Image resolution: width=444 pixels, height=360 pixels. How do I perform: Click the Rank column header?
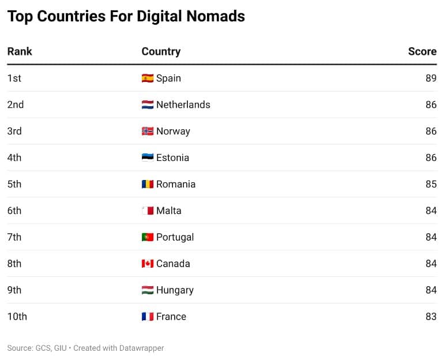point(20,51)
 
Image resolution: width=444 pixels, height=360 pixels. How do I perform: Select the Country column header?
point(161,51)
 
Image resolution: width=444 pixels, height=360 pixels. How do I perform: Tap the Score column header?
point(422,51)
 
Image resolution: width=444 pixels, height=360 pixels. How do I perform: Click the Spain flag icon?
point(148,78)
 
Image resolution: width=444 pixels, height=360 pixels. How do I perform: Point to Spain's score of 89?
point(431,78)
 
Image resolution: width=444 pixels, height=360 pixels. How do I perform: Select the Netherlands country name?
point(183,104)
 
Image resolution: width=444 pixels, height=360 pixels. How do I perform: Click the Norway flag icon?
point(148,131)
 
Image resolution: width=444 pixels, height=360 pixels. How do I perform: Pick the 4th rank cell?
point(14,157)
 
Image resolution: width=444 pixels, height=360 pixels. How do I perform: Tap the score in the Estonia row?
point(431,157)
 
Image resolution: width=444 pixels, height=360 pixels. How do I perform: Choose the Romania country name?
point(176,184)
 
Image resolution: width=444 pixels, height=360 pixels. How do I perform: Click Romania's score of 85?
point(431,184)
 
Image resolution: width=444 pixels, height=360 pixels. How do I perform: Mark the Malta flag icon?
point(148,211)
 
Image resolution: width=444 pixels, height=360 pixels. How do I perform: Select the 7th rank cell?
point(14,237)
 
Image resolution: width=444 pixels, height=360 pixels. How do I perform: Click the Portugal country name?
point(175,237)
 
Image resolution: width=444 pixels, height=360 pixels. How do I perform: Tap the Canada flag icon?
point(148,264)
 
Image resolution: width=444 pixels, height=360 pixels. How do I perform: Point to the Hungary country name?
point(175,290)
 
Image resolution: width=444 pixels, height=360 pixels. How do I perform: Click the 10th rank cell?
point(17,317)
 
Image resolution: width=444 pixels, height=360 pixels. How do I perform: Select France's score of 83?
point(431,317)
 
